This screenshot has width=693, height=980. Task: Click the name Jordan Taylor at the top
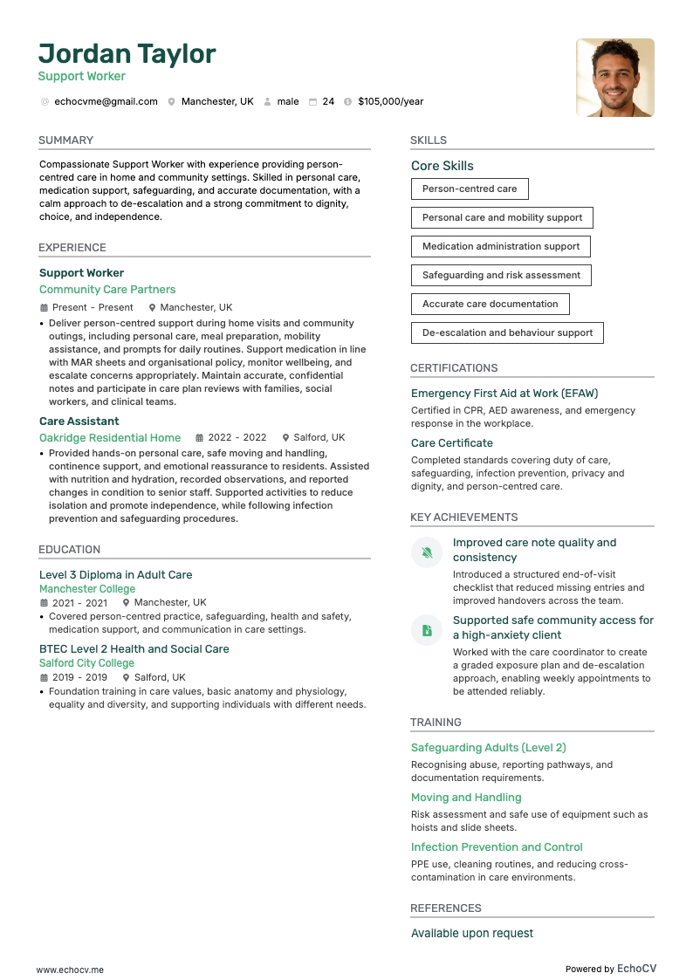click(x=127, y=54)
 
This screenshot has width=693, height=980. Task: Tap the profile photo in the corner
click(x=614, y=78)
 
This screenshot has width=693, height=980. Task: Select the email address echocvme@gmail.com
click(x=106, y=102)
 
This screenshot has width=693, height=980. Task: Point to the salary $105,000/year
click(x=390, y=102)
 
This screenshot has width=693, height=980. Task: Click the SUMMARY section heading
click(x=65, y=140)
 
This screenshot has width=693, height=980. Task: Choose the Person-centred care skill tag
click(x=470, y=188)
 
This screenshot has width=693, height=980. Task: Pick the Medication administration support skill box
click(x=501, y=246)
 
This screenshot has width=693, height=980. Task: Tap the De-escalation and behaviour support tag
click(x=507, y=332)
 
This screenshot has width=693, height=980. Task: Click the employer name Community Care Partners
click(x=107, y=290)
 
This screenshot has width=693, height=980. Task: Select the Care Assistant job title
click(x=79, y=421)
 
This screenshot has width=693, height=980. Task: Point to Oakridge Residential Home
click(x=110, y=438)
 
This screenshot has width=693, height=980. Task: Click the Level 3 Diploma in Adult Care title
click(x=115, y=575)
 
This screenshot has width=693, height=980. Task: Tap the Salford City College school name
click(x=86, y=663)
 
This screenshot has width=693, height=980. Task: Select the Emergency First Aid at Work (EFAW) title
click(x=504, y=394)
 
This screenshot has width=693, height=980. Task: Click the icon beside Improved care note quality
click(x=427, y=552)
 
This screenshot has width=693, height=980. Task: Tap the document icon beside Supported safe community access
click(x=427, y=630)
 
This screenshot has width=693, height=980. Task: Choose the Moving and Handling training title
click(x=466, y=798)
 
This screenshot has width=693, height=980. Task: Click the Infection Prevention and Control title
click(x=497, y=847)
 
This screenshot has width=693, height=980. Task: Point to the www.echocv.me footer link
click(x=70, y=970)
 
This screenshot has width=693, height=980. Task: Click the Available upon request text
click(x=472, y=934)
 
